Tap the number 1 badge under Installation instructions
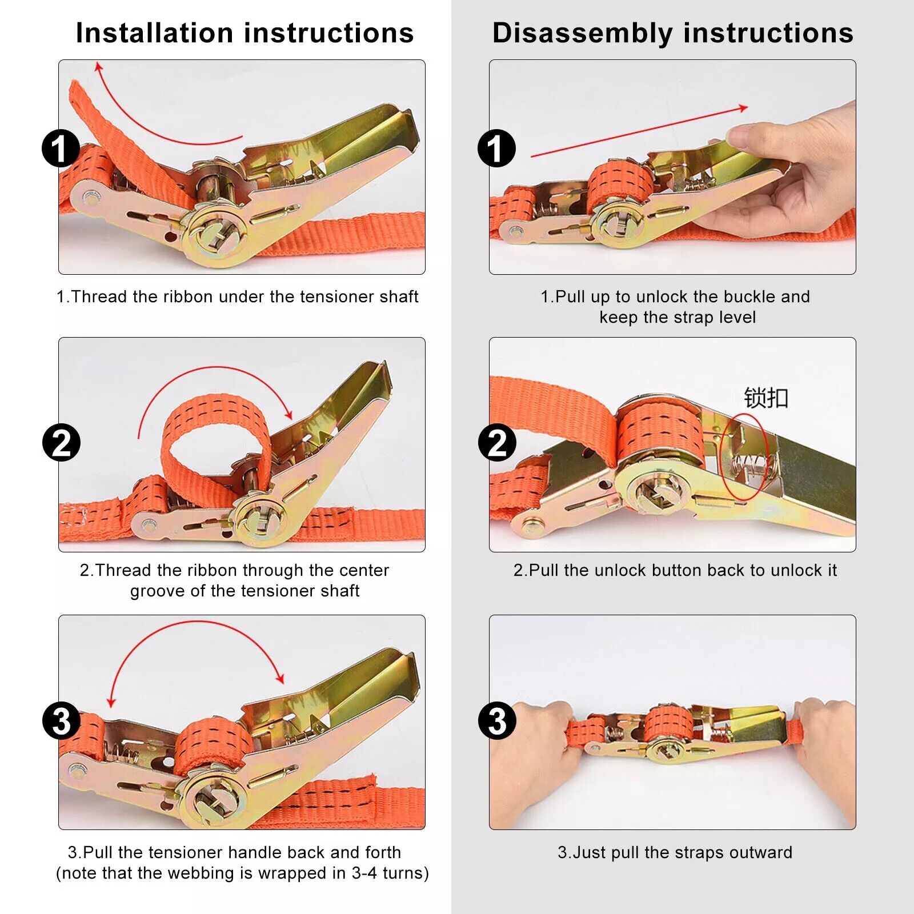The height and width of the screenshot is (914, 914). click(x=61, y=149)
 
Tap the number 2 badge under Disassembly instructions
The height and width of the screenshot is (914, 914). click(x=496, y=443)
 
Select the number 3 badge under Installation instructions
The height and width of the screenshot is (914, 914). click(x=61, y=720)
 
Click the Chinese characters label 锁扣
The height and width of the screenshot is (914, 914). click(x=765, y=398)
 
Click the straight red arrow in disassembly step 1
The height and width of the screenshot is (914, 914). click(x=640, y=131)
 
